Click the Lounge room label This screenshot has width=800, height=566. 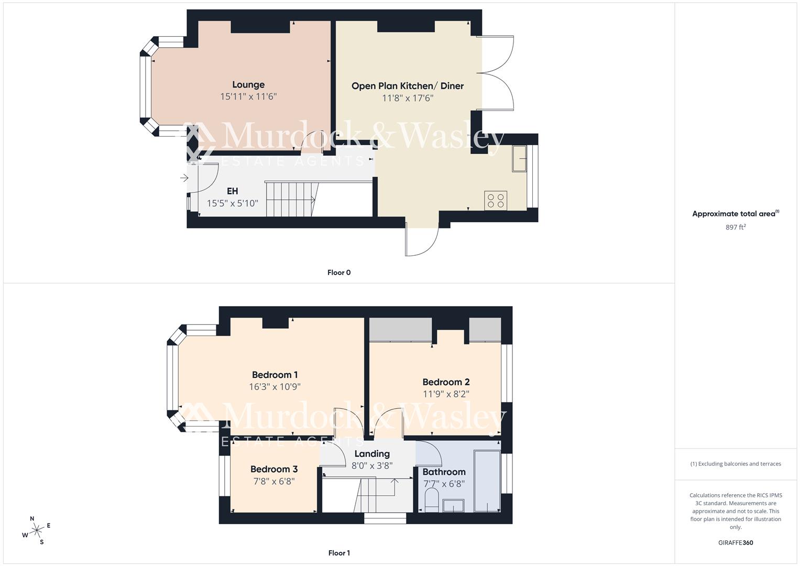pos(248,84)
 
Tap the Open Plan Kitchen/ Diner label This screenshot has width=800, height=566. pos(407,86)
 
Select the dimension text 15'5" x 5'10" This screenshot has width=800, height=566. pos(232,203)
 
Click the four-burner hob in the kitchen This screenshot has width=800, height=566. pos(496,200)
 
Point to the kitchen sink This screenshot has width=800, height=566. pos(520,158)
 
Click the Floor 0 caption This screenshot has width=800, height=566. pos(339,273)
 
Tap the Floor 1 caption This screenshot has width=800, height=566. pos(339,553)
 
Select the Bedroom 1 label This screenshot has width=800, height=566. pos(275,375)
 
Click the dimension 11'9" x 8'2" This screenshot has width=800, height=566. pos(446,394)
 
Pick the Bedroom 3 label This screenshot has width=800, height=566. pos(273,469)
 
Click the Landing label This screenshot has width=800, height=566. pos(372,454)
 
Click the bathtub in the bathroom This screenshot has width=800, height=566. pos(487,481)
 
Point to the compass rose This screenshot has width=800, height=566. pos(37,530)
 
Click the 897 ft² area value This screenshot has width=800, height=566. pos(736,227)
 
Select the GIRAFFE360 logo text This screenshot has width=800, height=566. pos(736,543)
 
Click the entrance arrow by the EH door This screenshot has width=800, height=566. pos(184,178)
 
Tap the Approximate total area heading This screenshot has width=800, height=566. pos(736,214)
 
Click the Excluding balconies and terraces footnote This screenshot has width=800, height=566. pos(736,464)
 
